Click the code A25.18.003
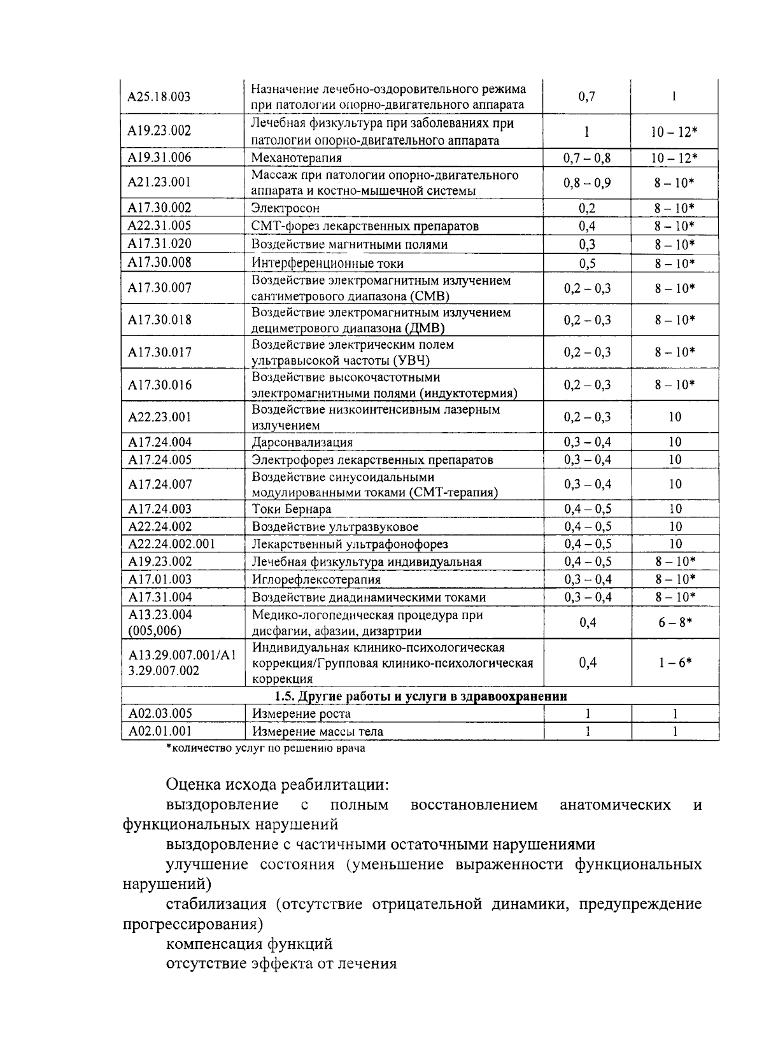pyautogui.click(x=159, y=97)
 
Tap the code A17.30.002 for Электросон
pyautogui.click(x=159, y=208)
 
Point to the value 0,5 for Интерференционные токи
pyautogui.click(x=587, y=263)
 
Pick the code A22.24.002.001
pyautogui.click(x=172, y=544)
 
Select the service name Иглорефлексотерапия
pyautogui.click(x=316, y=580)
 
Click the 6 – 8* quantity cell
pyautogui.click(x=675, y=622)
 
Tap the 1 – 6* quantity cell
pyautogui.click(x=675, y=662)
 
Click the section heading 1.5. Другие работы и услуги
pyautogui.click(x=420, y=696)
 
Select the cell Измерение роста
pyautogui.click(x=301, y=714)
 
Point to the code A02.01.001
pyautogui.click(x=160, y=732)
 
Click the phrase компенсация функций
pyautogui.click(x=249, y=944)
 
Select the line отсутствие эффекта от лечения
pyautogui.click(x=281, y=963)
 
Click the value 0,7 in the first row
pyautogui.click(x=587, y=97)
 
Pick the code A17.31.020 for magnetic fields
pyautogui.click(x=159, y=244)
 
